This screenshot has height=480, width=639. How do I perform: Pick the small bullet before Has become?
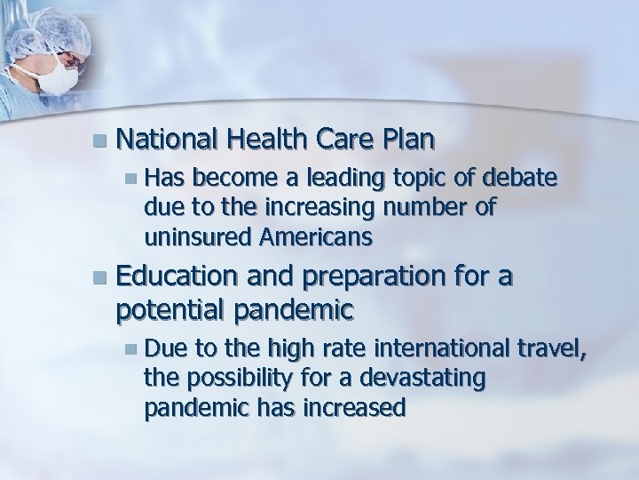pos(130,180)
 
